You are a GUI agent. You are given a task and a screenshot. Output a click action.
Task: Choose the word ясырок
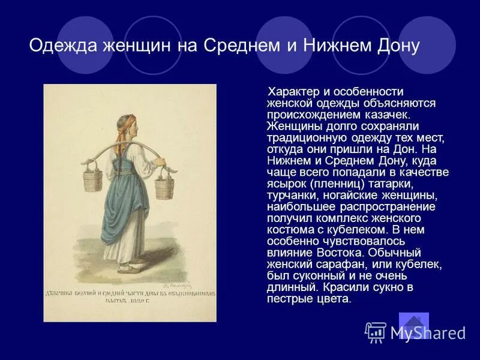289,184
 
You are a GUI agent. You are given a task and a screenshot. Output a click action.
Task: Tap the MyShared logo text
427,333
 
